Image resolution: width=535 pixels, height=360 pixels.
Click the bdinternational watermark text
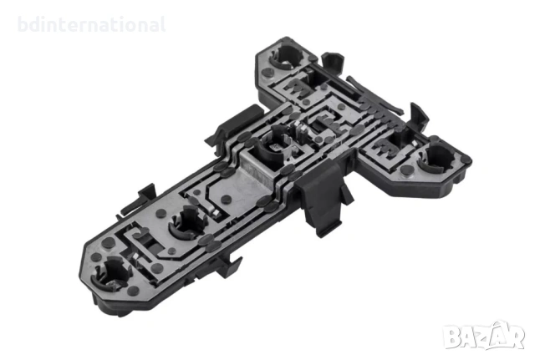tap(91, 24)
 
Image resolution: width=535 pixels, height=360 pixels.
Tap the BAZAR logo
tap(484, 336)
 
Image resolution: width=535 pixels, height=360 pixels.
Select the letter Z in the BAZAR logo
tap(484, 337)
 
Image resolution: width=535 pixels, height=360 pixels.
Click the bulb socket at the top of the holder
tap(286, 58)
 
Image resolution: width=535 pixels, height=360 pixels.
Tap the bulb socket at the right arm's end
tap(436, 158)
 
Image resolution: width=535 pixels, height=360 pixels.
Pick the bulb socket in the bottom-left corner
tap(111, 273)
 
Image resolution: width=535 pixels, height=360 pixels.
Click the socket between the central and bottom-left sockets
tap(186, 221)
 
